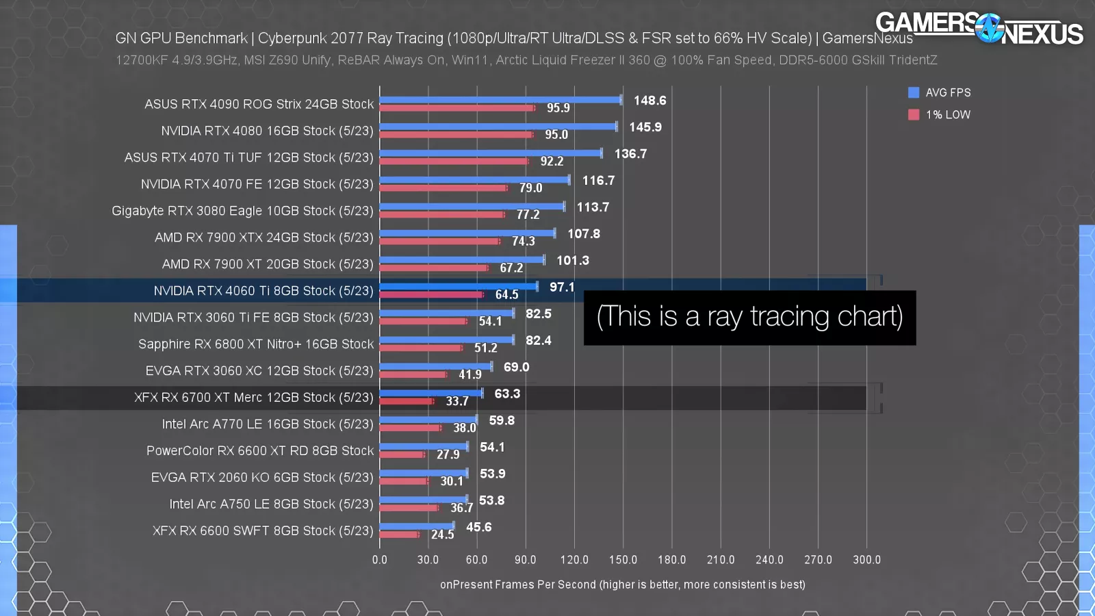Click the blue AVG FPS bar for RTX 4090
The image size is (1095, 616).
pyautogui.click(x=500, y=100)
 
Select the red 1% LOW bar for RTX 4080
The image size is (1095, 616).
pyautogui.click(x=456, y=135)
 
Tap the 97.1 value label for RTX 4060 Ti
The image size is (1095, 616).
pyautogui.click(x=562, y=287)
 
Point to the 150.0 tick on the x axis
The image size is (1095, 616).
pyautogui.click(x=623, y=560)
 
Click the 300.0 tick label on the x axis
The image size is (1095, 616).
pyautogui.click(x=866, y=560)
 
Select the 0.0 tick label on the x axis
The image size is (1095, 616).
pyautogui.click(x=380, y=560)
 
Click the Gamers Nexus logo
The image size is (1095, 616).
pyautogui.click(x=979, y=29)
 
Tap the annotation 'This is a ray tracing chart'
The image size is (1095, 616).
pyautogui.click(x=749, y=317)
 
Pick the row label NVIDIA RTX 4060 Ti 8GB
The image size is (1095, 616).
pyautogui.click(x=263, y=291)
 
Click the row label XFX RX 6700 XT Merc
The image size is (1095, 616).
pyautogui.click(x=254, y=398)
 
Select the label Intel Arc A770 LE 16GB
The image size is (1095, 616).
pyautogui.click(x=268, y=424)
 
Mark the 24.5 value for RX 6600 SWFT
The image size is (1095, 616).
pyautogui.click(x=443, y=535)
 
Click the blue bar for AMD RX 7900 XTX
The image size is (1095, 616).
pyautogui.click(x=467, y=233)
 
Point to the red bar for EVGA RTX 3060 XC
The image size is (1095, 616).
pyautogui.click(x=413, y=374)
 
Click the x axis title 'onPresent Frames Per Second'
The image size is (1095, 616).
pyautogui.click(x=622, y=585)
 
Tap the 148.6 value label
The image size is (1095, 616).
pyautogui.click(x=649, y=101)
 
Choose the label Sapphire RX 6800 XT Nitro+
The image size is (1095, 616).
pyautogui.click(x=256, y=344)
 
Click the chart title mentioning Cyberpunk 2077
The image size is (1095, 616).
pyautogui.click(x=463, y=38)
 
